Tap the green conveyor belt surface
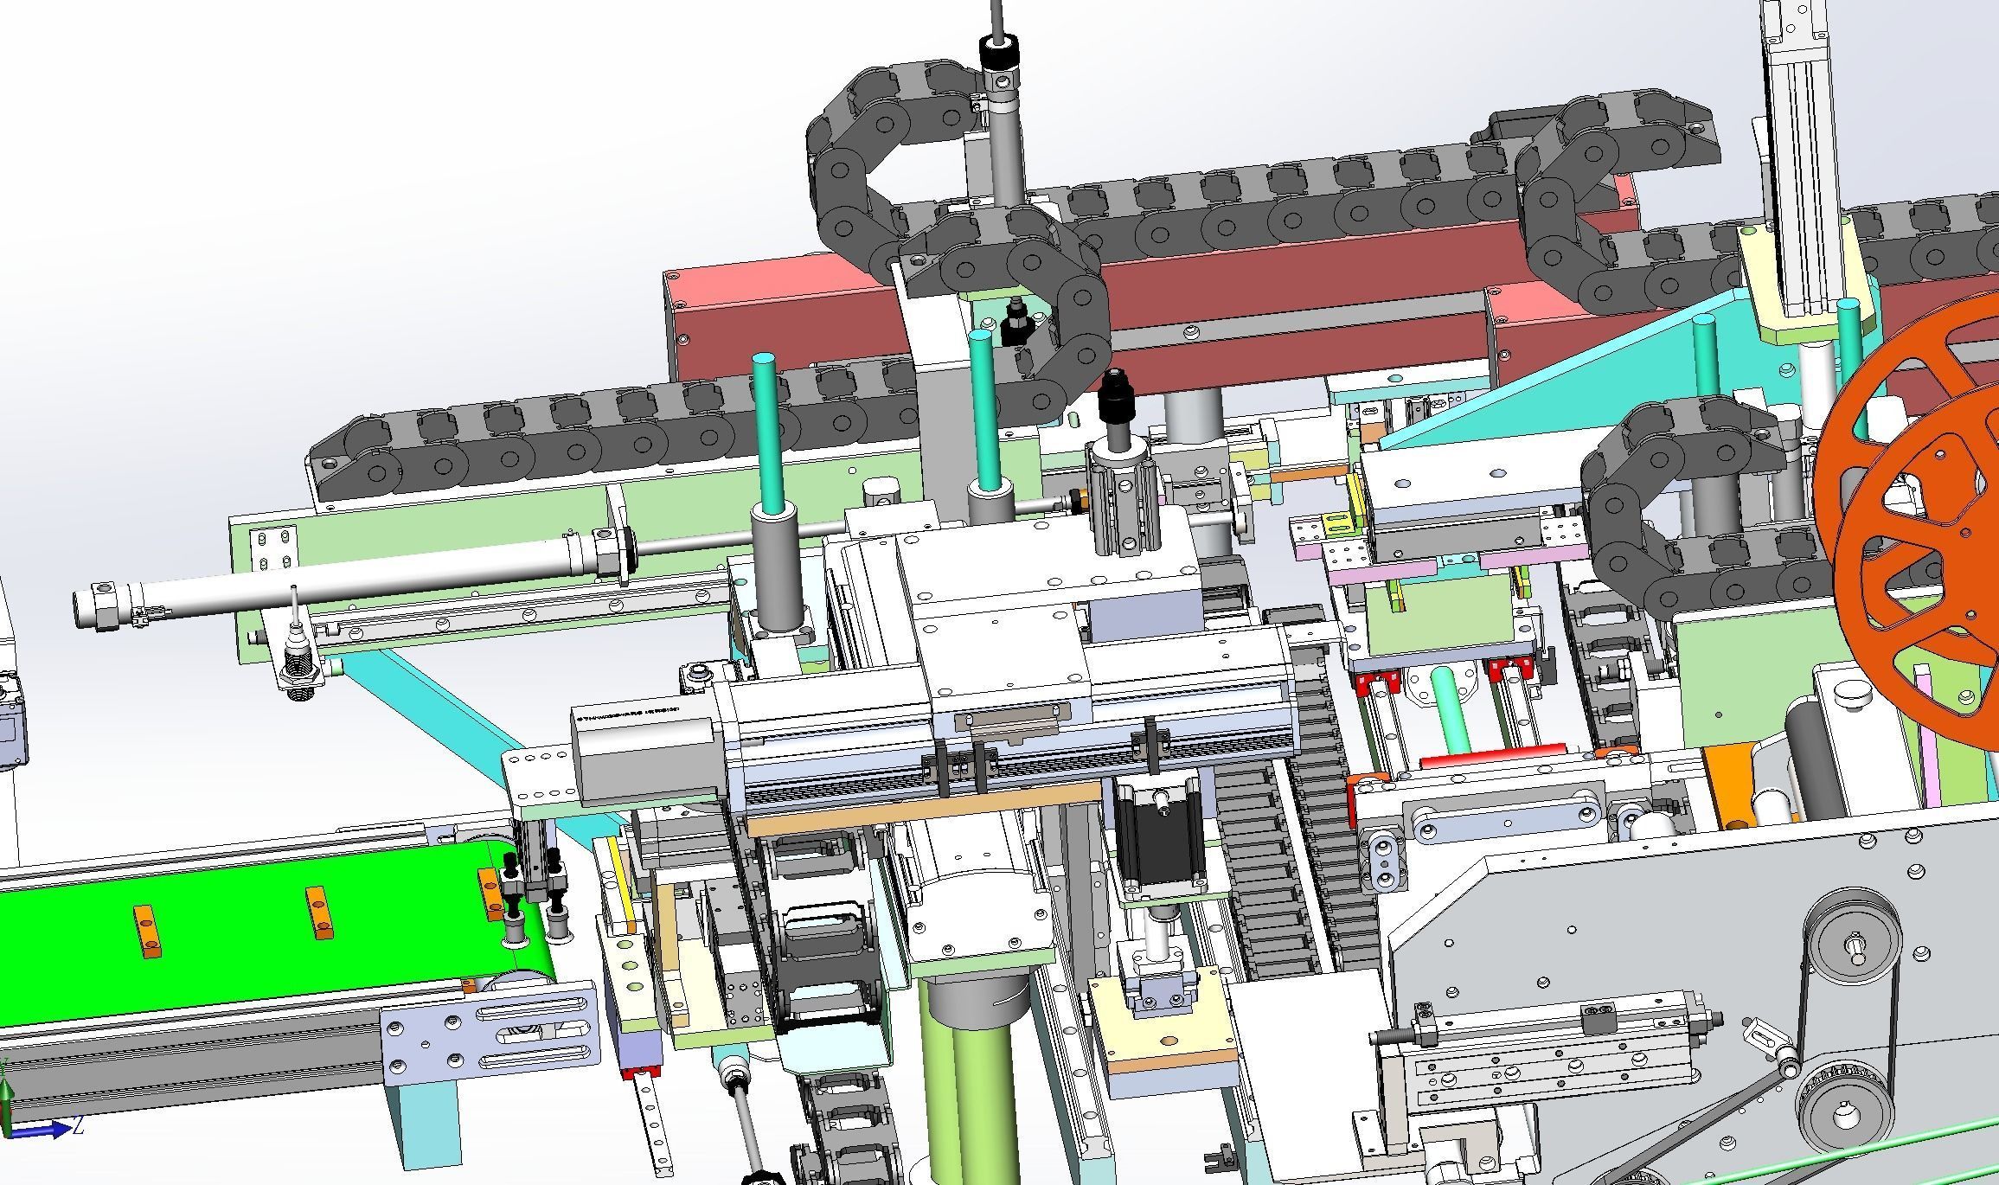point(242,943)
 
